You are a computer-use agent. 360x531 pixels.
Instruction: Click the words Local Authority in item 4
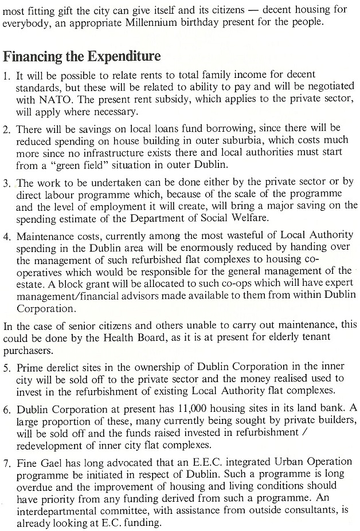pyautogui.click(x=312, y=236)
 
